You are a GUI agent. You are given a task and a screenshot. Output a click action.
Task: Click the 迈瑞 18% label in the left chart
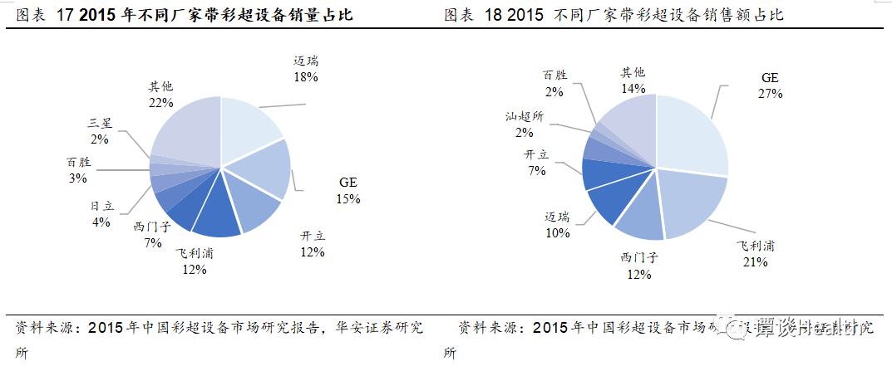306,69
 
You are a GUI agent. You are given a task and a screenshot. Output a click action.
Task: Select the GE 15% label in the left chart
349,191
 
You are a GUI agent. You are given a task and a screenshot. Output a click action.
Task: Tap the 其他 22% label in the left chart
160,94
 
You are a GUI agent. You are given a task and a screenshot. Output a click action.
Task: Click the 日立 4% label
101,214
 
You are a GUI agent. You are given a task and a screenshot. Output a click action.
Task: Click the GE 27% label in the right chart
770,85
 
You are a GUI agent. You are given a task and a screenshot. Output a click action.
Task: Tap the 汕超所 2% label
524,124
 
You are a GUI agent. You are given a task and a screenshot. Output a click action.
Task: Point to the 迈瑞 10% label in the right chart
557,225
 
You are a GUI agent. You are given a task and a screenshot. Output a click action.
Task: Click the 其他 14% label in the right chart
633,80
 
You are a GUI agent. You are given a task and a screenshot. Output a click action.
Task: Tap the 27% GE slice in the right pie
694,133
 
